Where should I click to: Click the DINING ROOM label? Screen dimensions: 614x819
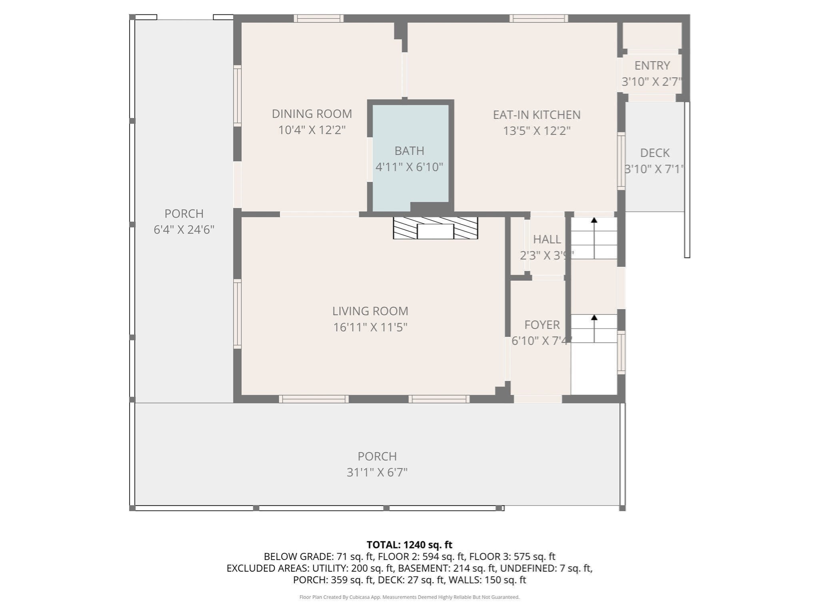[x=312, y=114]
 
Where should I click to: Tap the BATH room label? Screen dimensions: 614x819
[x=409, y=151]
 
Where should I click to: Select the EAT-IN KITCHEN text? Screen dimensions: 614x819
[x=536, y=115]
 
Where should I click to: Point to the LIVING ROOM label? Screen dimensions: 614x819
[x=370, y=311]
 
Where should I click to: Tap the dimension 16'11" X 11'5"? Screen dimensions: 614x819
[x=370, y=327]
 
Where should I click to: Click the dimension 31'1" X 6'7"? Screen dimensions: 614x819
[x=377, y=472]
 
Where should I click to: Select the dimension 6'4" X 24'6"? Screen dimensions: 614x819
[x=184, y=230]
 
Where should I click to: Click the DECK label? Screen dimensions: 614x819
[x=655, y=153]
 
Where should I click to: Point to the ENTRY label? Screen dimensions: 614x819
[x=652, y=65]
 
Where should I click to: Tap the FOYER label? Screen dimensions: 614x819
[x=542, y=325]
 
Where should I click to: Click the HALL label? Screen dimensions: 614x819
[x=547, y=239]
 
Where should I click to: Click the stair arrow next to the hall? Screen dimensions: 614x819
[x=594, y=238]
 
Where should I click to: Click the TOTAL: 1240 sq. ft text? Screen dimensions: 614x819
[x=409, y=545]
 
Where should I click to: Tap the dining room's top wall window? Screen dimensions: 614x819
[x=319, y=18]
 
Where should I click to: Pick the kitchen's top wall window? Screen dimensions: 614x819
[x=539, y=18]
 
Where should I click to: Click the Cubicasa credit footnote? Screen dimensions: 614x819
[x=409, y=597]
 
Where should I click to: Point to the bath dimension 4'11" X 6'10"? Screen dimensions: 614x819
[x=409, y=167]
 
